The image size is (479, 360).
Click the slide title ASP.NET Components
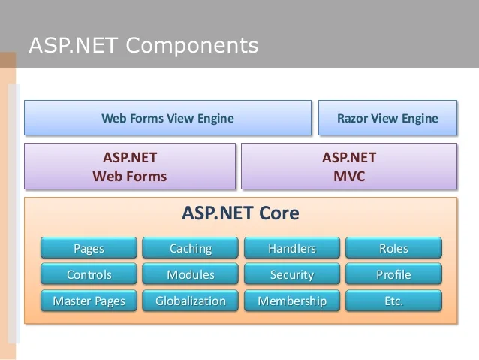click(143, 46)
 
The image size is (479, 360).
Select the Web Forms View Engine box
click(167, 118)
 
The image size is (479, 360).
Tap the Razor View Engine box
click(387, 118)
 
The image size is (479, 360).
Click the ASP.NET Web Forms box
click(130, 167)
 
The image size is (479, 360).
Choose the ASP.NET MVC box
click(348, 167)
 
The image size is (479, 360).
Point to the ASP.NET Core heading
click(240, 213)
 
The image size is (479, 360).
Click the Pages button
click(89, 248)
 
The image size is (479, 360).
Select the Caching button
click(191, 248)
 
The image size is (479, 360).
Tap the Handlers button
click(292, 248)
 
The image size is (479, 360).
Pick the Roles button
click(393, 248)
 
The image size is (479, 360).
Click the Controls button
click(89, 274)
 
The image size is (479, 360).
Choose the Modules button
click(191, 274)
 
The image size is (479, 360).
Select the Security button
click(292, 274)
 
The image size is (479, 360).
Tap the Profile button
click(393, 274)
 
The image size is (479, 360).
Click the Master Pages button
click(89, 301)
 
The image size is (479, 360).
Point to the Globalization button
click(191, 301)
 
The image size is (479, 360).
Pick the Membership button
click(292, 301)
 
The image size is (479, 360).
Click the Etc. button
click(393, 301)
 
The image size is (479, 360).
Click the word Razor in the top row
click(353, 118)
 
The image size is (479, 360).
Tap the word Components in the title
click(191, 46)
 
